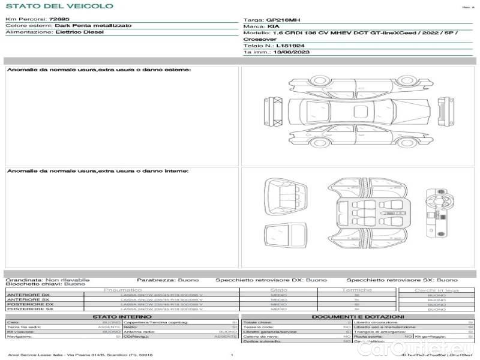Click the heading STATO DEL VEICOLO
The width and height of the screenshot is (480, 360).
(59, 7)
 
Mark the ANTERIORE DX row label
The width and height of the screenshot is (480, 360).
(28, 295)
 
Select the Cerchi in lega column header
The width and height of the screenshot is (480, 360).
(436, 290)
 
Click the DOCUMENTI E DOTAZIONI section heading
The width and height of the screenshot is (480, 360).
(358, 317)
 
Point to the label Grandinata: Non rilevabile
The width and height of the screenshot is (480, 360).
(47, 280)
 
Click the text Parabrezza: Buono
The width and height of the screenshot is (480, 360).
(164, 280)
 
